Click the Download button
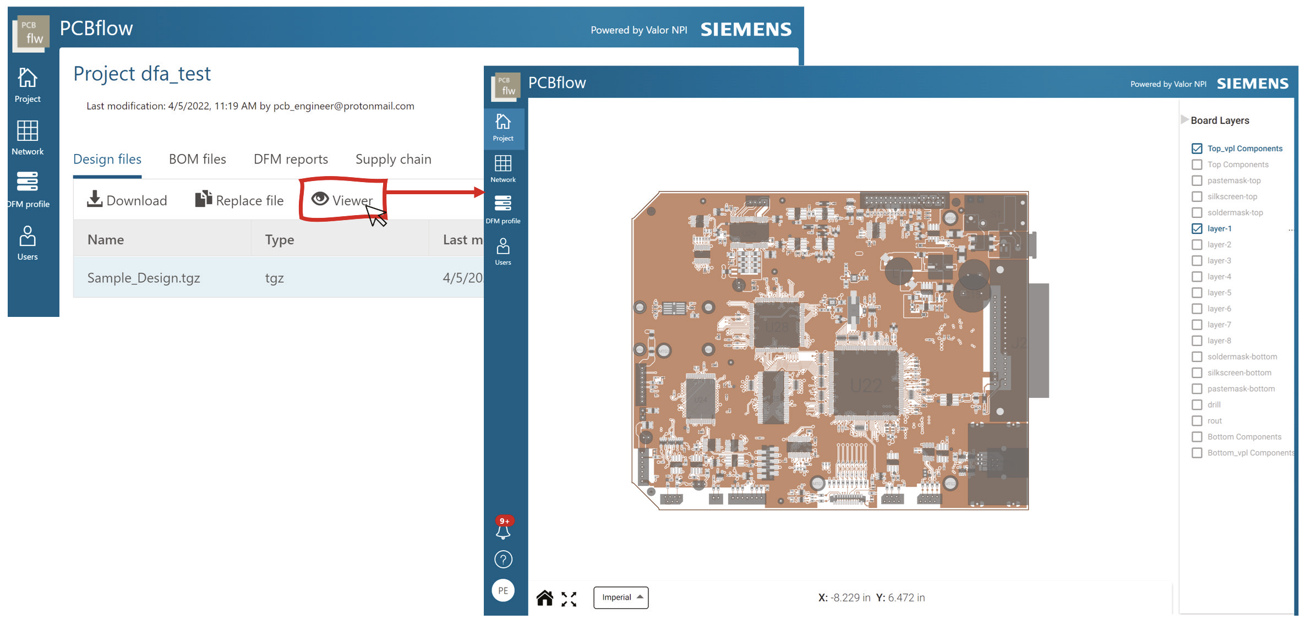tap(127, 200)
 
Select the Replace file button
tap(239, 200)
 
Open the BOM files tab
tap(197, 159)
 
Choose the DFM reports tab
tap(291, 159)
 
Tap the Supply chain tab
tap(393, 159)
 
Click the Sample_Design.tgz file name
tap(144, 278)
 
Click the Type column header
tap(280, 240)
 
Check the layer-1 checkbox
tap(1197, 228)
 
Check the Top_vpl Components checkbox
tap(1197, 149)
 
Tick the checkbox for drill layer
tap(1197, 405)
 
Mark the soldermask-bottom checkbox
tap(1197, 357)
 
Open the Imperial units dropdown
tap(621, 597)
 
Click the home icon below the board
tap(544, 598)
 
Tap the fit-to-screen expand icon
tap(569, 599)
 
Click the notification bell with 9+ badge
tap(503, 530)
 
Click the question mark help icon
tap(503, 560)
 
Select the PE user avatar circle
tap(503, 590)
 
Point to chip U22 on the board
tap(865, 385)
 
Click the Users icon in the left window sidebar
tap(28, 243)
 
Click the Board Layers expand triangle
tap(1184, 120)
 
